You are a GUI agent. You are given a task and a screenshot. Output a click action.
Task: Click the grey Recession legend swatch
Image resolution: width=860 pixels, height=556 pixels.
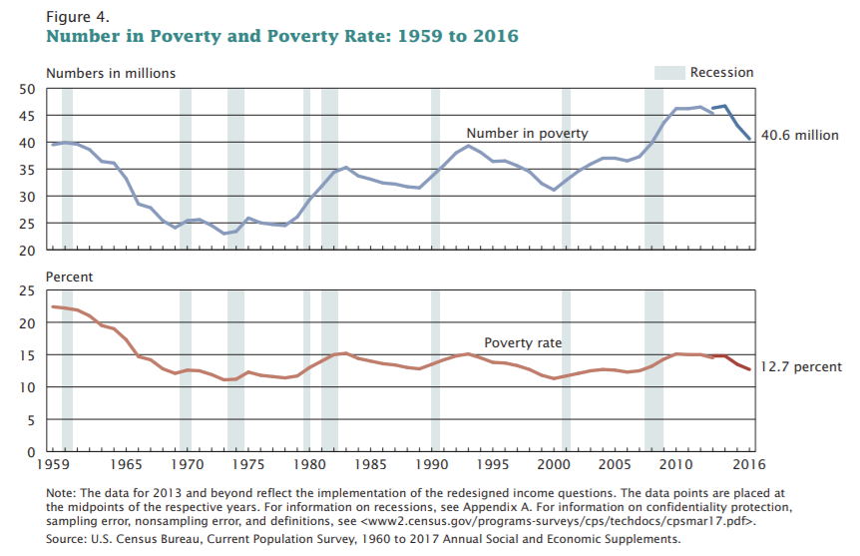pyautogui.click(x=668, y=73)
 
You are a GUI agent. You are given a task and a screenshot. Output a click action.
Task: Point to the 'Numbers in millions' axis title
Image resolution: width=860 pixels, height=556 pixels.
pyautogui.click(x=111, y=73)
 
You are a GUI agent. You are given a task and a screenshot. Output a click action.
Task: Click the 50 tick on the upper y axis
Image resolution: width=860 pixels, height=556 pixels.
pyautogui.click(x=28, y=89)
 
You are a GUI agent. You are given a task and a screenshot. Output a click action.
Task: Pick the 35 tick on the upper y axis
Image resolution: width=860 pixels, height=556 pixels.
pyautogui.click(x=28, y=169)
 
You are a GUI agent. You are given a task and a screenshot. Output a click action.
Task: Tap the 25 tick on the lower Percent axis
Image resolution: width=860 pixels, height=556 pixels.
pyautogui.click(x=28, y=290)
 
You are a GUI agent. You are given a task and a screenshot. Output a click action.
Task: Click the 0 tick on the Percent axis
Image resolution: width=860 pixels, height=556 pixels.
pyautogui.click(x=32, y=451)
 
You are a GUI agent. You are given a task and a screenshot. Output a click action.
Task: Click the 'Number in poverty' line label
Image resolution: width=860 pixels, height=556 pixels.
pyautogui.click(x=527, y=133)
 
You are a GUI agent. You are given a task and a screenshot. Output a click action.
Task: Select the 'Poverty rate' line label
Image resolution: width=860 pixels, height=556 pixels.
pyautogui.click(x=523, y=343)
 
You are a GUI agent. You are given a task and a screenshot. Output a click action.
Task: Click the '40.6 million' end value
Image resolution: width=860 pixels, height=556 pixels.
pyautogui.click(x=800, y=136)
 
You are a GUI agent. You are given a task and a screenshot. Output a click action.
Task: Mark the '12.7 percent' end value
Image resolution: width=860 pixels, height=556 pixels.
pyautogui.click(x=801, y=367)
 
